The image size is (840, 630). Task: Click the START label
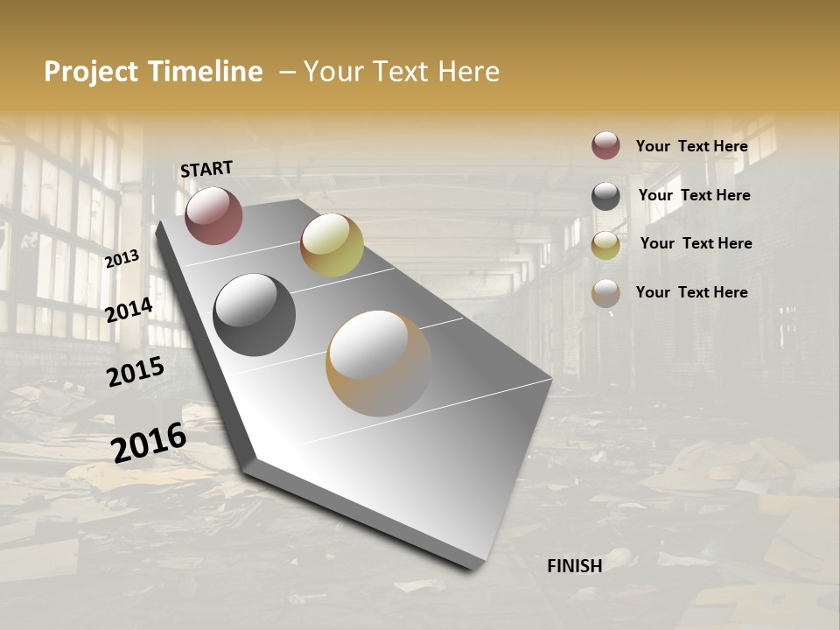[x=206, y=169]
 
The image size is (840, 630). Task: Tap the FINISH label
[x=574, y=566]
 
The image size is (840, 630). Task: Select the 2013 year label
[x=122, y=258]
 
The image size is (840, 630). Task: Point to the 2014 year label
[x=129, y=310]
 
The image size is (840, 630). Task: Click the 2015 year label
[x=136, y=372]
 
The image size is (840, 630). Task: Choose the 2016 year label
[x=149, y=442]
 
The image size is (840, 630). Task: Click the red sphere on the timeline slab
[x=213, y=215]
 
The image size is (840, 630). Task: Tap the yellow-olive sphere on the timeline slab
[x=332, y=245]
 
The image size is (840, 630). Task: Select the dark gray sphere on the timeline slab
[x=254, y=315]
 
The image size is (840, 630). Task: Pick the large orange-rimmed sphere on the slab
[x=379, y=363]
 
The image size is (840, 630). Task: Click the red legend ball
[x=605, y=145]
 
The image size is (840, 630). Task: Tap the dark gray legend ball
[x=605, y=196]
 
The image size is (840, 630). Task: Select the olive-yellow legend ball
[x=605, y=245]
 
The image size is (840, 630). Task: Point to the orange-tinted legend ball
[x=605, y=293]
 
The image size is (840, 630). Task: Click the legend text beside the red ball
[x=691, y=146]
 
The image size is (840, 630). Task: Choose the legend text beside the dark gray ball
[x=694, y=195]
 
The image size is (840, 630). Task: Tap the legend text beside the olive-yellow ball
[x=696, y=243]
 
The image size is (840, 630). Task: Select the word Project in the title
[x=91, y=72]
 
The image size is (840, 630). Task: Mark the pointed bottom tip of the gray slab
[x=477, y=567]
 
